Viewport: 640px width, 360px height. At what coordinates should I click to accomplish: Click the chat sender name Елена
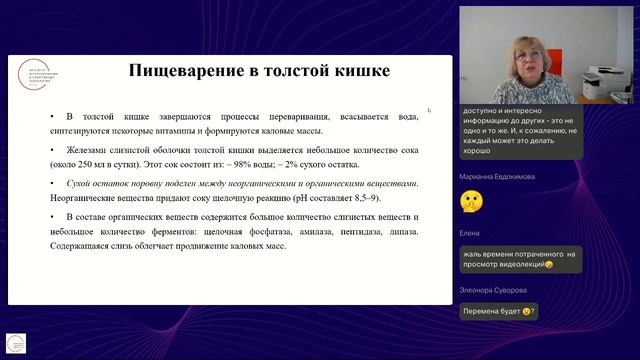point(469,232)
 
